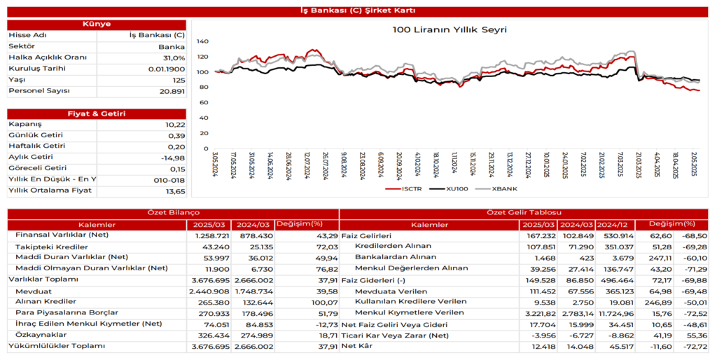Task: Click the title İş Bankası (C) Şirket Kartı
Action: tap(358, 11)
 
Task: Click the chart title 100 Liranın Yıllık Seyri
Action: tap(450, 29)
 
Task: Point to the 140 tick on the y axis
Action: tap(202, 41)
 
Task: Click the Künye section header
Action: tap(97, 24)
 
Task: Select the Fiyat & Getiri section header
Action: tap(97, 113)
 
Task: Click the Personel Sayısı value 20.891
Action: tap(172, 91)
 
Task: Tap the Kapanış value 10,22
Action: tap(176, 124)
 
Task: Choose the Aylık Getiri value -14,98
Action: tap(173, 158)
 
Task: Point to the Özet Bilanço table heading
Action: tap(173, 212)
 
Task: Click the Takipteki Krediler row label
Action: tap(51, 247)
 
